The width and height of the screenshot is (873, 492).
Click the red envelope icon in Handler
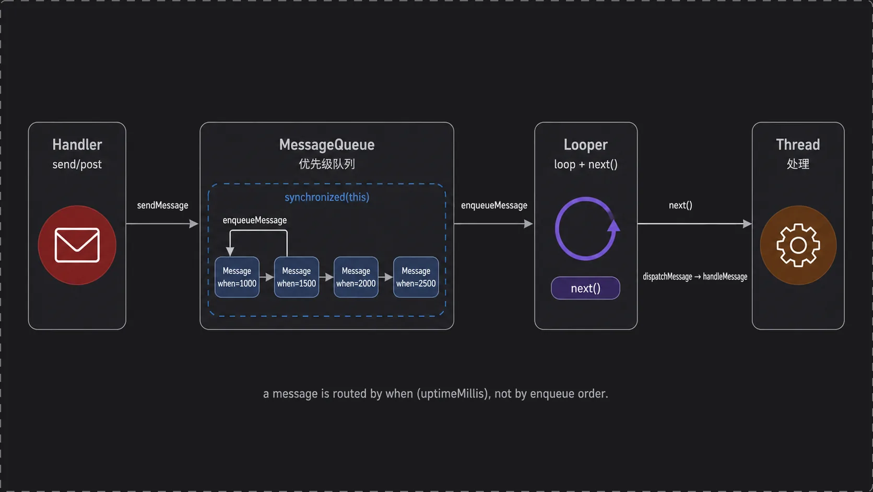(77, 245)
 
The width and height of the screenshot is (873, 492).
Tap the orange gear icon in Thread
(798, 245)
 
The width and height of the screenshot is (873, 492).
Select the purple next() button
(585, 288)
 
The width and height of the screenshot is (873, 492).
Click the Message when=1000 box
(237, 277)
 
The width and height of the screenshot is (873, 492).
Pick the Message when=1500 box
(297, 277)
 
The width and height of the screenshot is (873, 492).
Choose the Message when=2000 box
(356, 277)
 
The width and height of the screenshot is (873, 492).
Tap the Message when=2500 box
(416, 277)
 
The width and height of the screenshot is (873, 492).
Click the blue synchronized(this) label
(327, 198)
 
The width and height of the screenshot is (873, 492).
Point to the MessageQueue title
(327, 145)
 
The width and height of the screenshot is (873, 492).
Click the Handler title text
(77, 145)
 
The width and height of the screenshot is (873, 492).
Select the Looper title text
(585, 145)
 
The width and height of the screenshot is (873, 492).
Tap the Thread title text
(798, 145)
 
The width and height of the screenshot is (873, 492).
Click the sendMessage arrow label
(162, 205)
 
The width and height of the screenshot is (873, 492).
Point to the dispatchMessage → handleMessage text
(695, 277)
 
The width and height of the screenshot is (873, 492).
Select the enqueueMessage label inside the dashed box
(254, 221)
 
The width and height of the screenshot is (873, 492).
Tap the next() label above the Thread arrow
(680, 205)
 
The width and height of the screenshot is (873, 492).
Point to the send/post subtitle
(77, 164)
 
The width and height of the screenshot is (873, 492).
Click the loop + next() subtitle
(586, 164)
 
